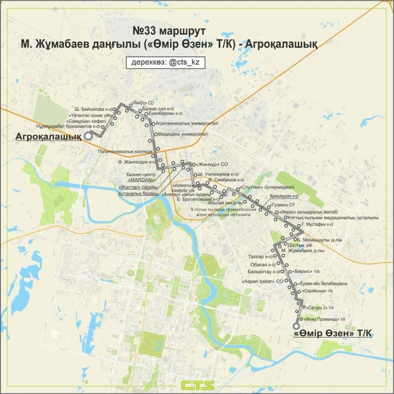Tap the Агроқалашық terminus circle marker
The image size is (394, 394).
pos(88,136)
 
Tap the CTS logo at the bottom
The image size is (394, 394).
pos(196,385)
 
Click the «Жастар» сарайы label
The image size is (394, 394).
pos(138,186)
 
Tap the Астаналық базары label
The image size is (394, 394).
pos(138,193)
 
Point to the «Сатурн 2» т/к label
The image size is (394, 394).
pos(321,307)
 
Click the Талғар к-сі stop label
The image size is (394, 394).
pos(259,257)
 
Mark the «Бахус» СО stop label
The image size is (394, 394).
pos(142,103)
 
